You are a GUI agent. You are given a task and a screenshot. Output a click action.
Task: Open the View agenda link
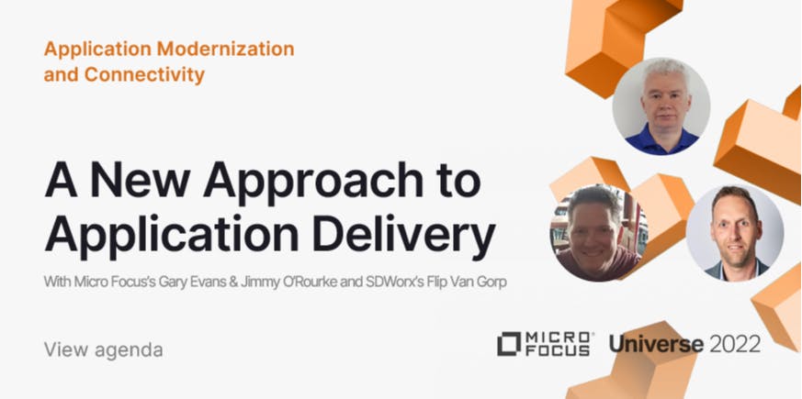pyautogui.click(x=103, y=349)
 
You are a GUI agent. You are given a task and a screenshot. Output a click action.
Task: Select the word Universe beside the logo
pyautogui.click(x=656, y=344)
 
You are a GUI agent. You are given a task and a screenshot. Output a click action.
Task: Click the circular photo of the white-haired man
pyautogui.click(x=661, y=106)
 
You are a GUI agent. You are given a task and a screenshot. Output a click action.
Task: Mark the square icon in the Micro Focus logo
pyautogui.click(x=508, y=344)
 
